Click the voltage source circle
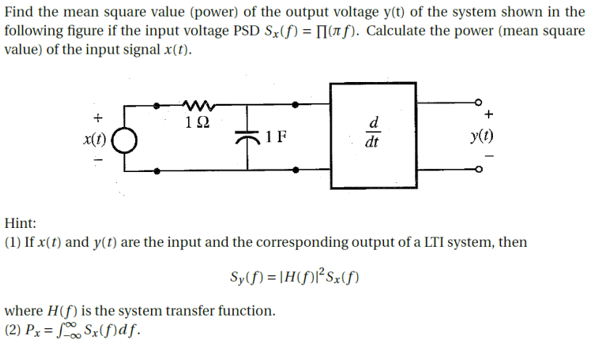point(124,139)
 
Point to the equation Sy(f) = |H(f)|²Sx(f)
point(294,279)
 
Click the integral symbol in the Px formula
point(49,332)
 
